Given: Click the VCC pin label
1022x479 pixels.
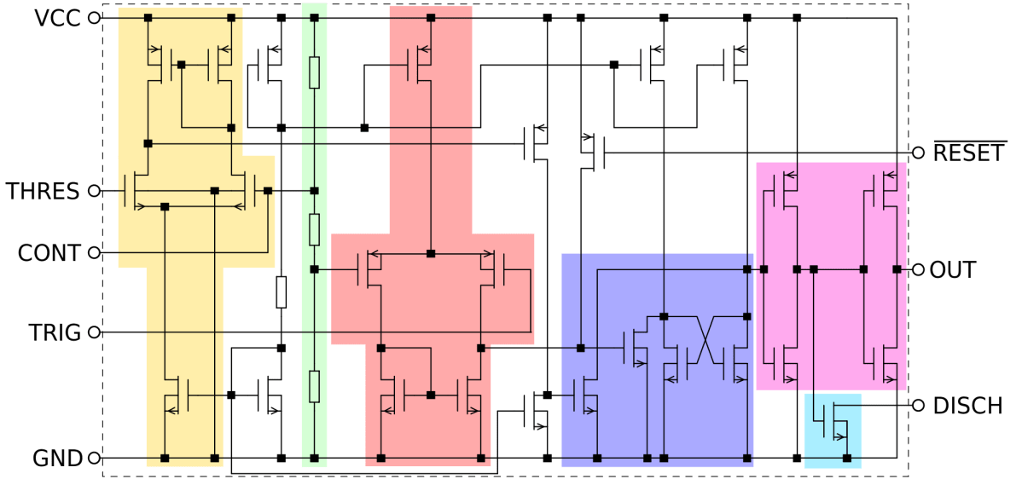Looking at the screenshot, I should click(x=57, y=18).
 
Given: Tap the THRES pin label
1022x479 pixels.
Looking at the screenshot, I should click(x=43, y=191).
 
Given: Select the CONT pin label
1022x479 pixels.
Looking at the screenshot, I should click(x=49, y=253).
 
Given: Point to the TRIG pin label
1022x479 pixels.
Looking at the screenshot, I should click(x=55, y=332).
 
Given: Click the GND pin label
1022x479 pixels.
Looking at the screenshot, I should click(x=57, y=459).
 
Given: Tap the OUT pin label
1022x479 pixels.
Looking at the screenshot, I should click(x=953, y=270).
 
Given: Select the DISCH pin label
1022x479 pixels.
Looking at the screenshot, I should click(x=967, y=406).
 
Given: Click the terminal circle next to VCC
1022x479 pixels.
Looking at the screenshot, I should click(x=94, y=18).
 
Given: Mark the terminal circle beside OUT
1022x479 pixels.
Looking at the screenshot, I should click(x=918, y=270).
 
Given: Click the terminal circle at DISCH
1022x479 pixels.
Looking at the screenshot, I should click(x=918, y=406).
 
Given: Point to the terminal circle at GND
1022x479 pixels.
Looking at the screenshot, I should click(x=94, y=459).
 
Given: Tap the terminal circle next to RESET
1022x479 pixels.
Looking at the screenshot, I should click(x=918, y=153).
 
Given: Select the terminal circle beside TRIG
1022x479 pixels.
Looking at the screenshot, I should click(x=94, y=332).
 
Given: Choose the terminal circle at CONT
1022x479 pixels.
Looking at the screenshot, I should click(x=94, y=253).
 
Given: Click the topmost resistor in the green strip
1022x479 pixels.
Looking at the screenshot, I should click(x=314, y=72).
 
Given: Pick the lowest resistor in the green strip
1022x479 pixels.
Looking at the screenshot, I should click(x=314, y=386).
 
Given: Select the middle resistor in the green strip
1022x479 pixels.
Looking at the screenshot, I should click(x=314, y=229).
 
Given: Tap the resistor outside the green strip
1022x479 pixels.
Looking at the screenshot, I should click(x=281, y=292).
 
